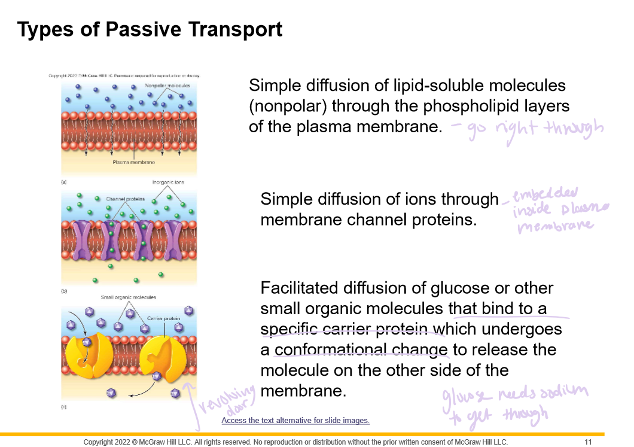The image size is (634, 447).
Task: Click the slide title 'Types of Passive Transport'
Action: [x=150, y=29]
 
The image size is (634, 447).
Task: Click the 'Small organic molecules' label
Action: [x=128, y=297]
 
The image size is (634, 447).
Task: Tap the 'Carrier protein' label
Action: [x=164, y=318]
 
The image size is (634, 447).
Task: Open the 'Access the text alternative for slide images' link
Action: [x=295, y=421]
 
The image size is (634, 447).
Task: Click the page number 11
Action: [x=588, y=442]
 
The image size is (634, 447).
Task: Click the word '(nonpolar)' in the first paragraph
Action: [x=287, y=107]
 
